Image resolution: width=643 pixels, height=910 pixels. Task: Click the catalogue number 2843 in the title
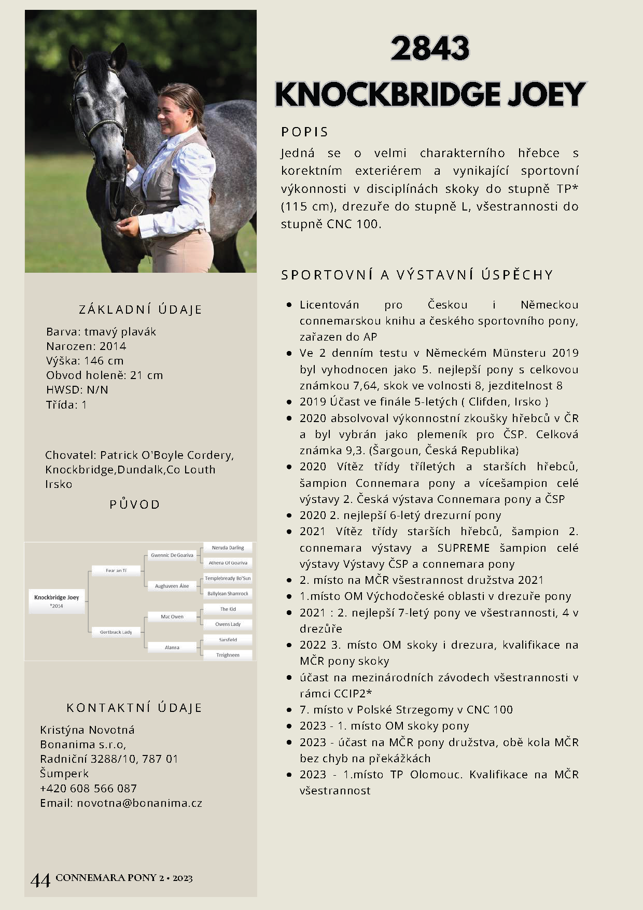430,49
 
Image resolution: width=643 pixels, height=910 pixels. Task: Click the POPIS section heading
304,132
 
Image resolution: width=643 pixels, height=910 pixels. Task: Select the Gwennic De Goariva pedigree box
172,555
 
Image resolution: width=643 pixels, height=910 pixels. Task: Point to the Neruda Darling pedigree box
228,548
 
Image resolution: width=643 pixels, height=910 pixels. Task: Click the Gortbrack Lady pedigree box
116,632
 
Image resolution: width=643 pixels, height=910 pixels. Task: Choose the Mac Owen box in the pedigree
172,617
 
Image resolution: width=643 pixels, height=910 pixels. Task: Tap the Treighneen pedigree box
228,655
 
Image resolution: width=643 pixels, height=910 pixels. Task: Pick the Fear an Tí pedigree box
116,570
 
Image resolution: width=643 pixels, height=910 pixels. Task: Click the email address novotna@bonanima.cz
139,803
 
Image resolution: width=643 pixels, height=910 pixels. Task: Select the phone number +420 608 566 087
88,789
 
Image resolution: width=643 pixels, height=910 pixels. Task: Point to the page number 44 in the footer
40,880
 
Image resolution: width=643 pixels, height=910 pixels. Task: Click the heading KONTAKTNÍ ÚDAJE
134,708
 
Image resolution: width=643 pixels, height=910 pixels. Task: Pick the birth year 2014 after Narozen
113,346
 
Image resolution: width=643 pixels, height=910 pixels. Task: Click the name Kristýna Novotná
87,730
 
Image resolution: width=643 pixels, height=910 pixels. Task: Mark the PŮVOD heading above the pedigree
134,505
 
